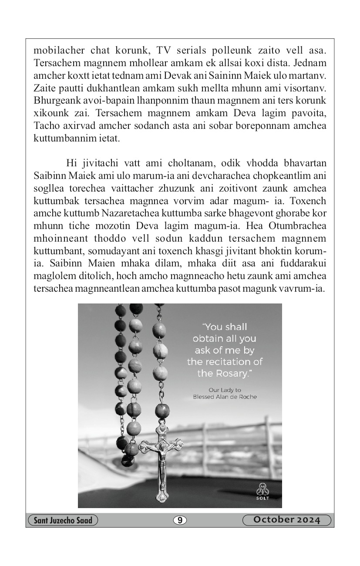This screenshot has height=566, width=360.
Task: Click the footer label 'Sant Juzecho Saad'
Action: [x=63, y=520]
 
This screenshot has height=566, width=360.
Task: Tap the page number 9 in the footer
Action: [x=180, y=520]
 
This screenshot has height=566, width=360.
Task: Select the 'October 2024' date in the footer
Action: [x=287, y=520]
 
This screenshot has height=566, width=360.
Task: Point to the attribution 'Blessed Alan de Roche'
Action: [x=225, y=397]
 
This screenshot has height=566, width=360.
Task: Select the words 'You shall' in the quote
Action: [x=225, y=327]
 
